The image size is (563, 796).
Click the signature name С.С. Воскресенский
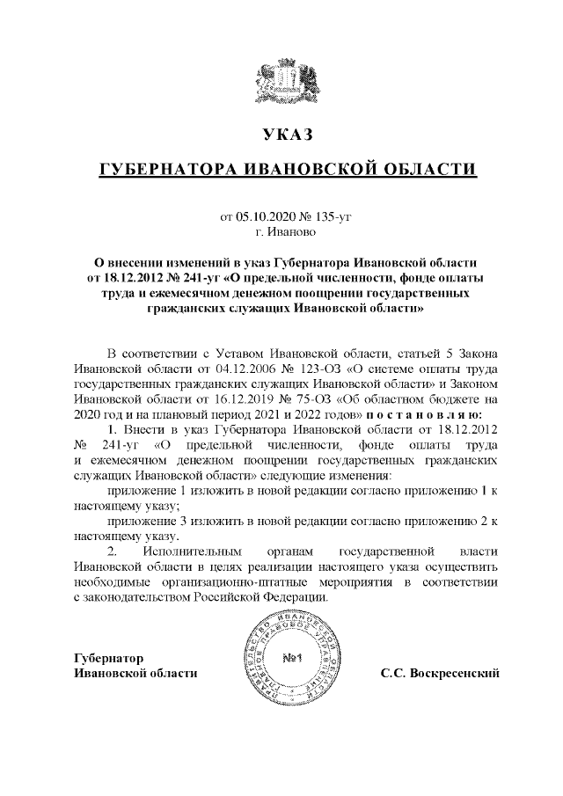point(440,675)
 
